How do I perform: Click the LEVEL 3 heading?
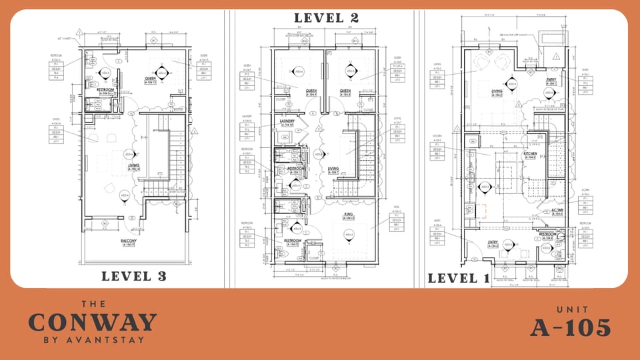pos(133,276)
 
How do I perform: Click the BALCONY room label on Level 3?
pos(129,241)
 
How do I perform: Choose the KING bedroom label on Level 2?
pos(348,214)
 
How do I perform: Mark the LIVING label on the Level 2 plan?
pos(333,169)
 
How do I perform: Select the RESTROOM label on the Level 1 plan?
pos(547,234)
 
